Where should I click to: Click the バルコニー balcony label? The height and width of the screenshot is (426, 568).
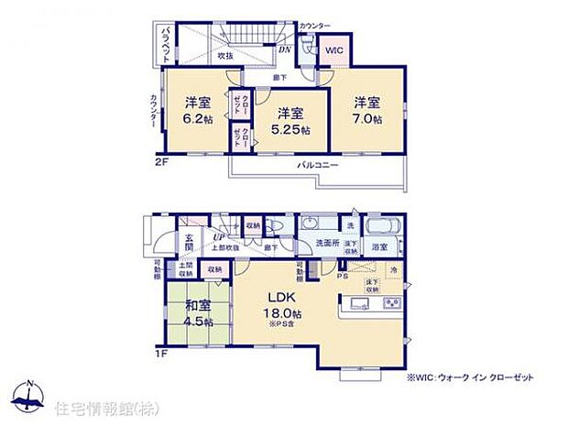pyautogui.click(x=318, y=166)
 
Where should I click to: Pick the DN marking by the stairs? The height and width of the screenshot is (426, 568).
pyautogui.click(x=285, y=50)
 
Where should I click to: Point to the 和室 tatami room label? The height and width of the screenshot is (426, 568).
pyautogui.click(x=194, y=308)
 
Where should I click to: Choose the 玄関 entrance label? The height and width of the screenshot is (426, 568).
pyautogui.click(x=188, y=243)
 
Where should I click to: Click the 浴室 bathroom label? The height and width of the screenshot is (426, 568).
pyautogui.click(x=380, y=247)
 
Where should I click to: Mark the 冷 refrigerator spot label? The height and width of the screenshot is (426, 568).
pyautogui.click(x=394, y=271)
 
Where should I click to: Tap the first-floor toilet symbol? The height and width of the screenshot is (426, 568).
pyautogui.click(x=280, y=229)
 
